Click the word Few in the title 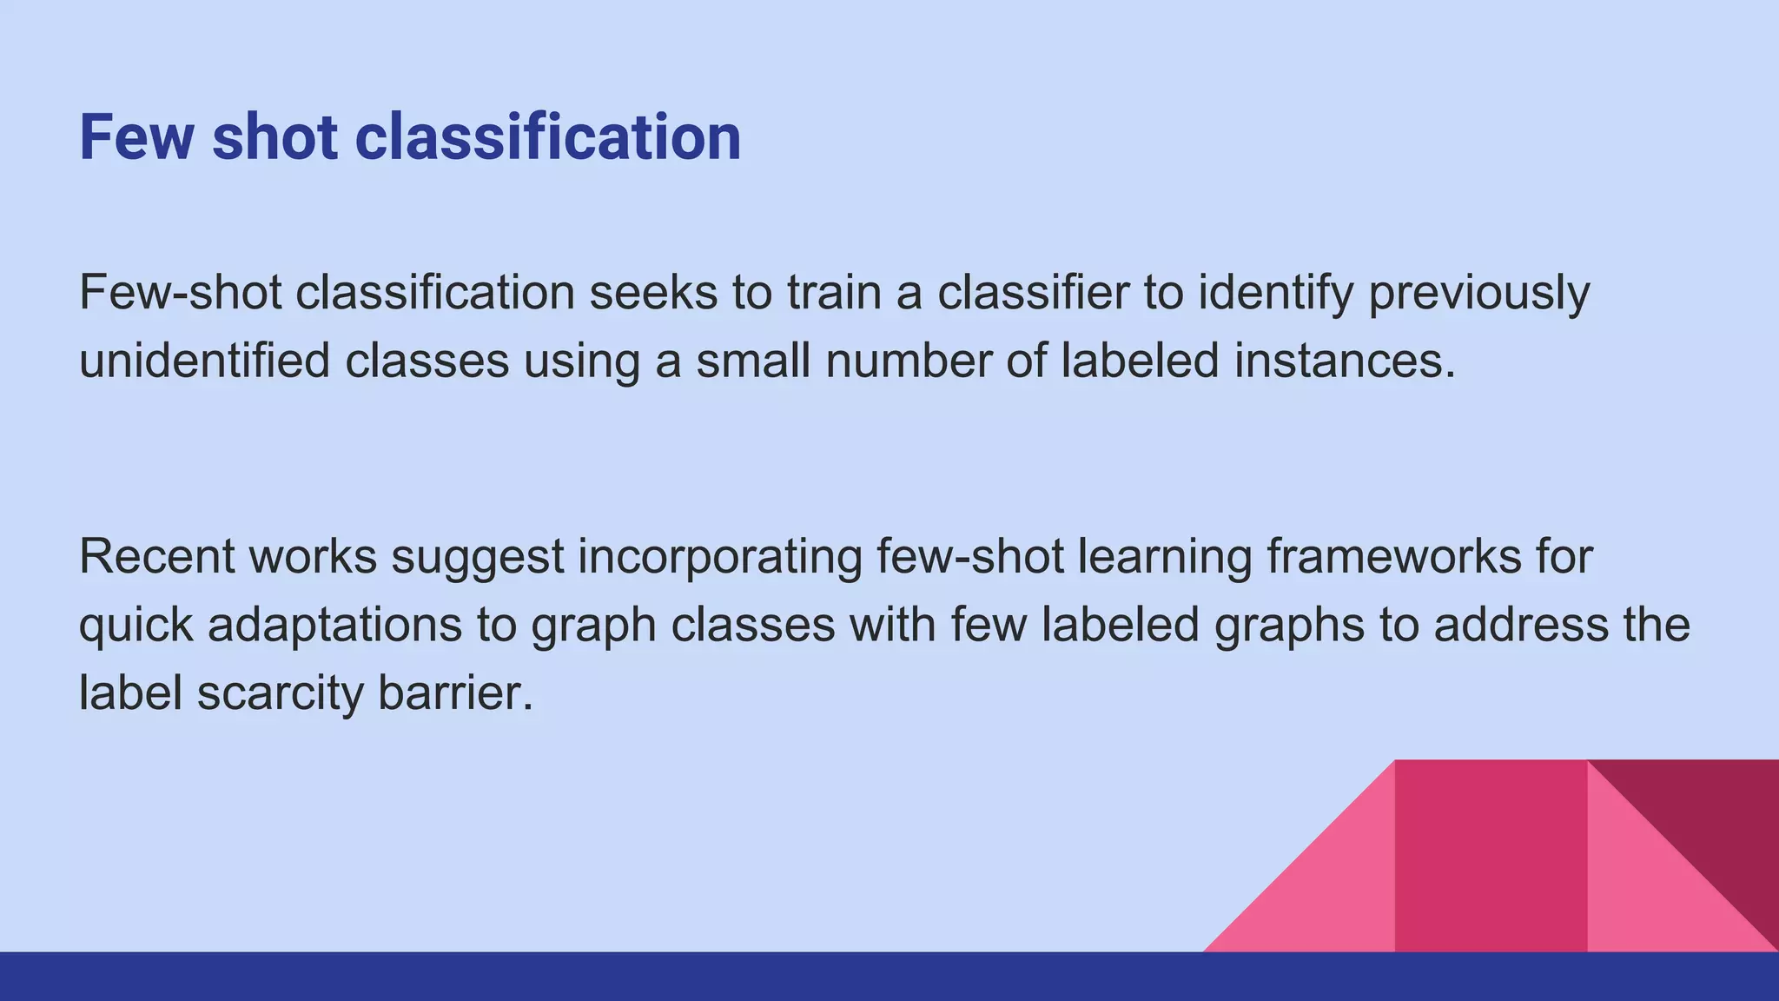tap(136, 137)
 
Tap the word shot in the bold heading tap(274, 137)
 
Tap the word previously tap(1478, 292)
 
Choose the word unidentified tap(204, 360)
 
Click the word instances tap(1344, 360)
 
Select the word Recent tap(157, 556)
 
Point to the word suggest tap(478, 556)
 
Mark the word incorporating tap(720, 556)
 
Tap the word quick tap(136, 624)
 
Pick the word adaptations tap(334, 624)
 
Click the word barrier tap(455, 693)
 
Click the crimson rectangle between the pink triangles tap(1491, 856)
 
